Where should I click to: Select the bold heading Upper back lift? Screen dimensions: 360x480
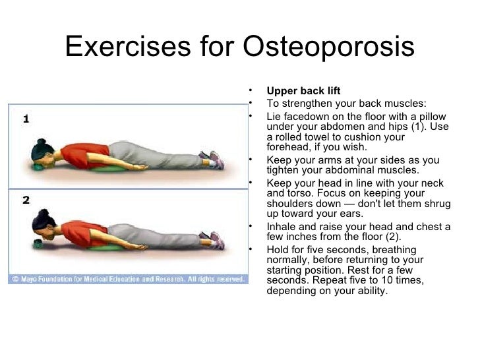303,91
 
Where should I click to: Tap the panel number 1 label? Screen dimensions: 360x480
26,119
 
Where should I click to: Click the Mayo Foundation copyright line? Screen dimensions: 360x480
128,280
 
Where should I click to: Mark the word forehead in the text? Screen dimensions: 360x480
287,148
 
